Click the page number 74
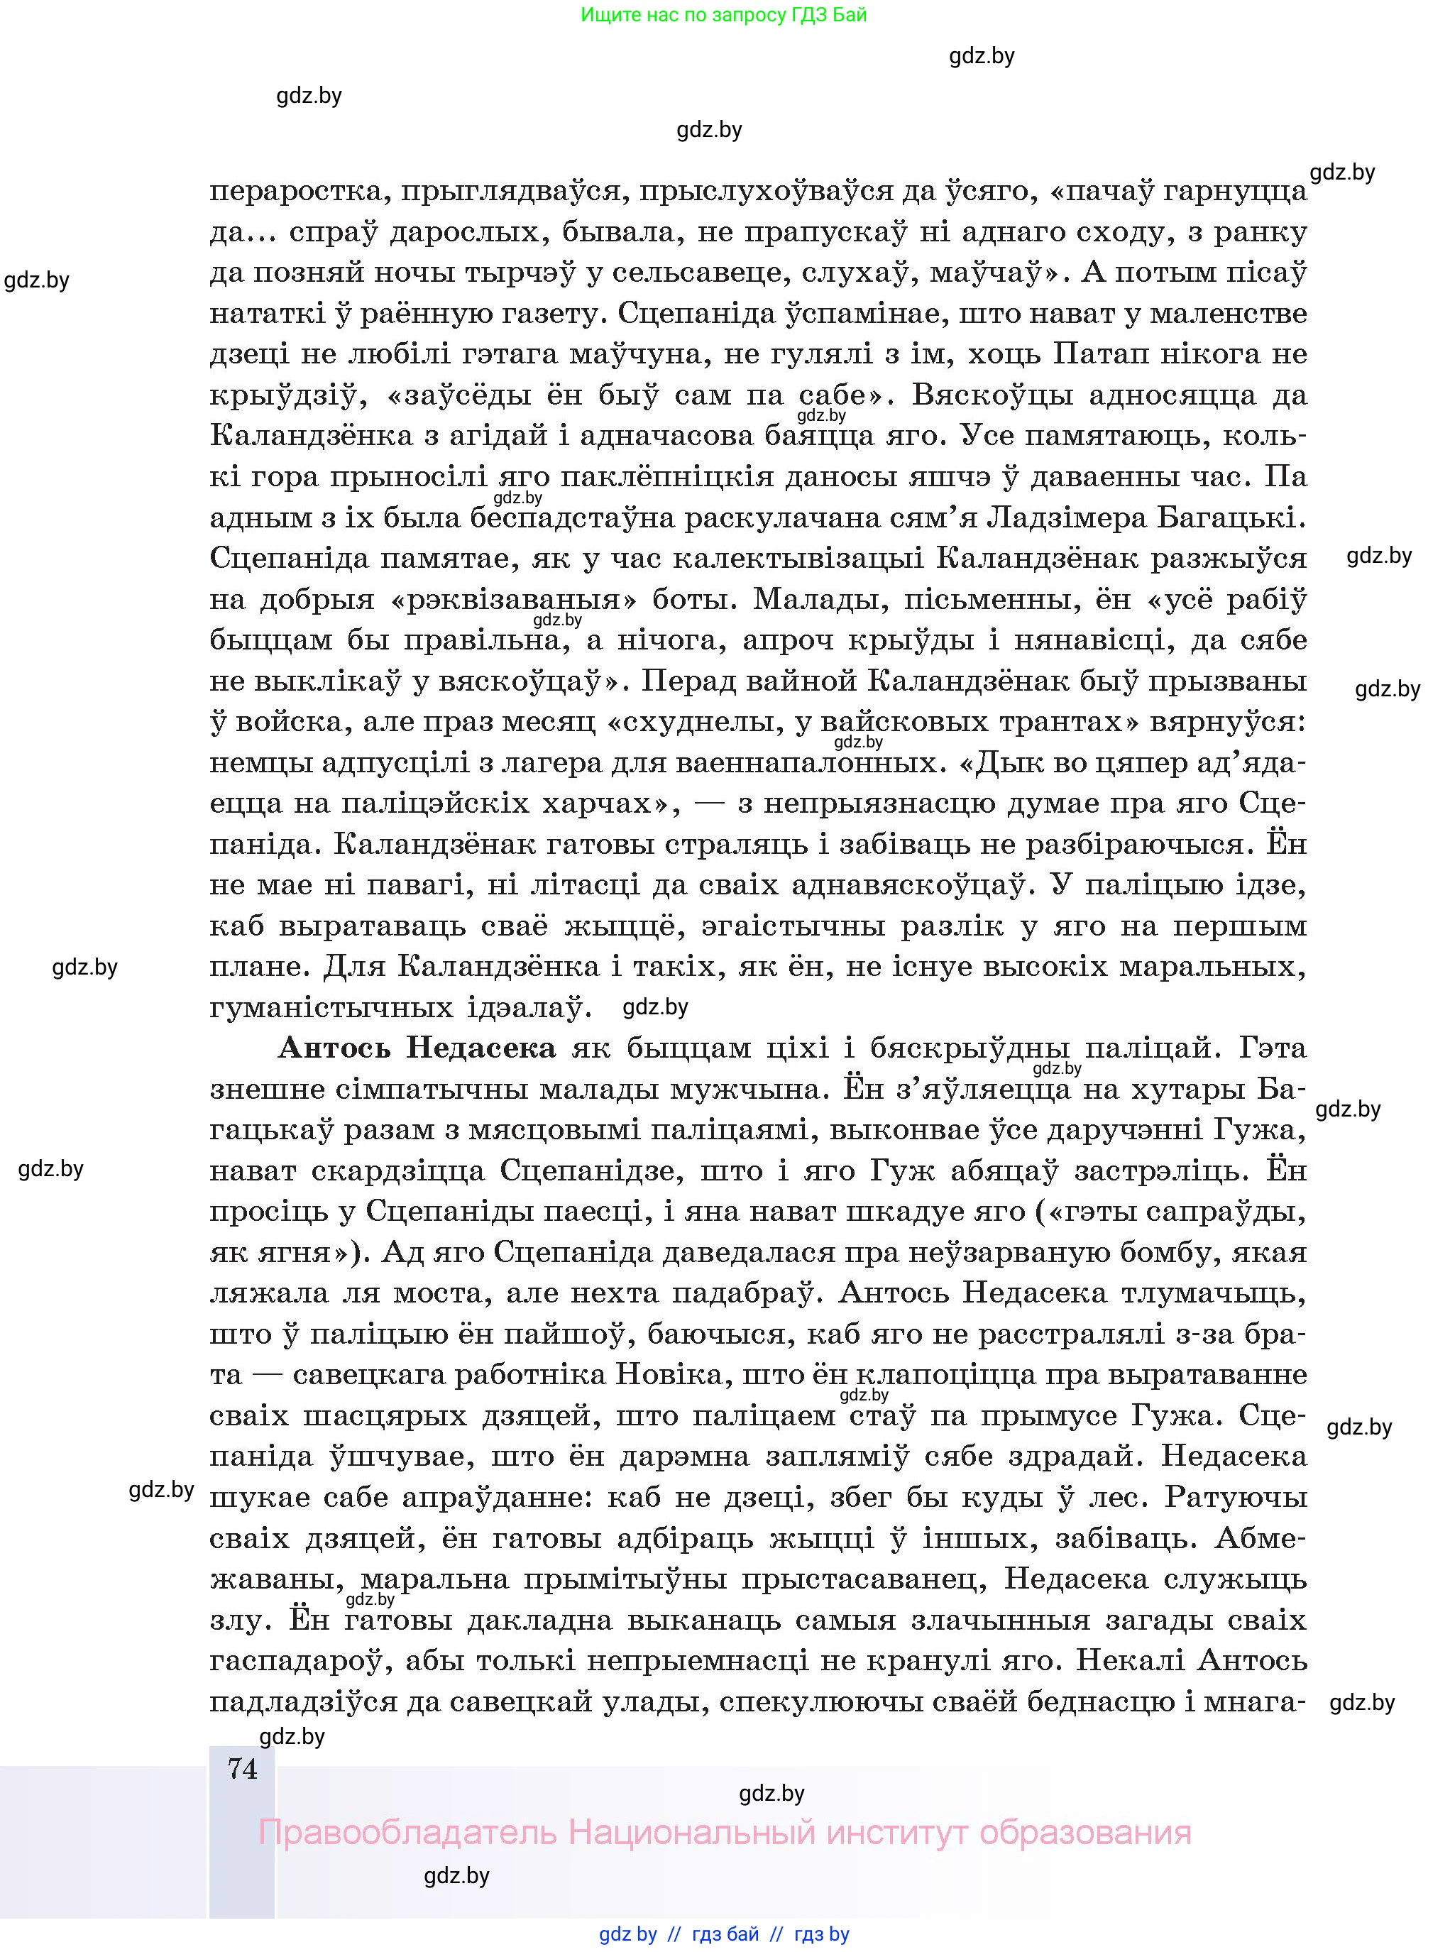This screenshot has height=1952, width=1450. click(242, 1767)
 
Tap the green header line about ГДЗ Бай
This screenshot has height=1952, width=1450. click(723, 15)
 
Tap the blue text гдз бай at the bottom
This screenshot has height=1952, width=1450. click(725, 1934)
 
